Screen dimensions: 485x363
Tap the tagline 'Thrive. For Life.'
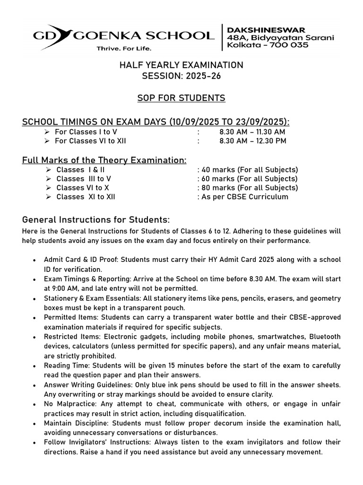[124, 48]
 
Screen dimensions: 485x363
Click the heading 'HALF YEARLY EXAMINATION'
[181, 65]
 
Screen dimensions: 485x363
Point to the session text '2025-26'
[199, 76]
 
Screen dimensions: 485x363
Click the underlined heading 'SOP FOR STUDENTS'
[181, 98]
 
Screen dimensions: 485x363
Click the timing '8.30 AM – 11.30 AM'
[252, 132]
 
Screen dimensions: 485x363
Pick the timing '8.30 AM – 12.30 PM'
[252, 141]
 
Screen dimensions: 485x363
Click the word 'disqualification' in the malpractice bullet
[219, 413]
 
